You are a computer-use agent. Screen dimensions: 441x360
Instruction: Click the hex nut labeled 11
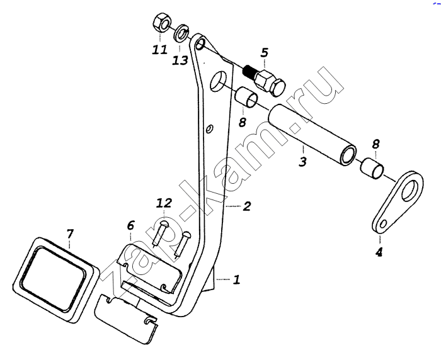tap(161, 23)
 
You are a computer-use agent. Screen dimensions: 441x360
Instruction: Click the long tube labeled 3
tap(312, 135)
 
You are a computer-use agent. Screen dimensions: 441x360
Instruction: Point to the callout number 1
tap(236, 279)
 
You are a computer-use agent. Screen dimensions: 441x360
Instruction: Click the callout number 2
tap(246, 206)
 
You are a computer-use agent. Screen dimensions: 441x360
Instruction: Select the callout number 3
tap(302, 161)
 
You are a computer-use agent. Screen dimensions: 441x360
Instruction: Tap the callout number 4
tap(379, 252)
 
